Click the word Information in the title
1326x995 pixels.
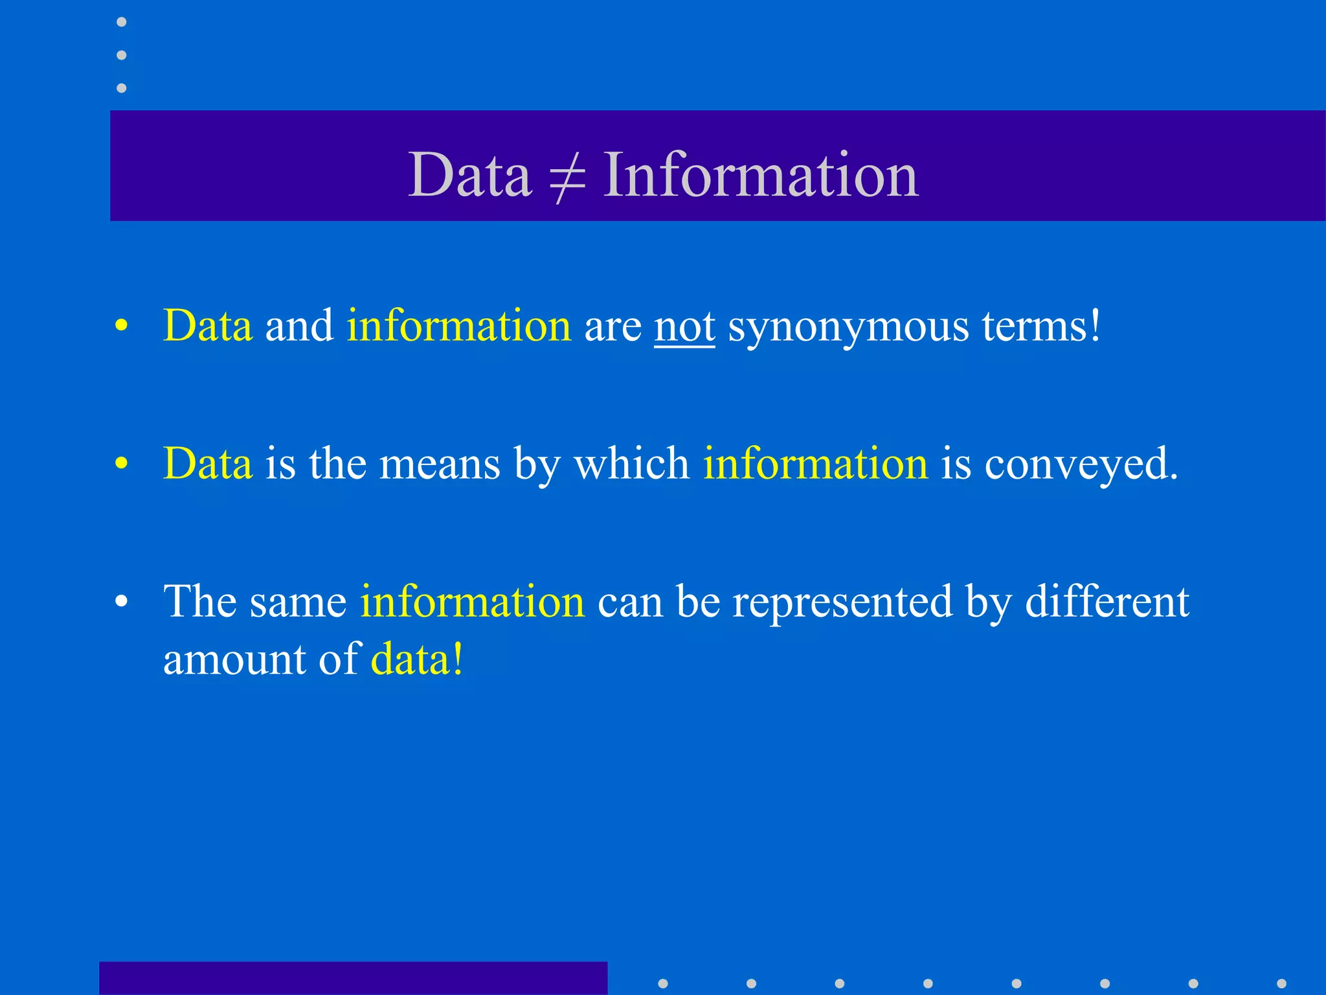pyautogui.click(x=761, y=175)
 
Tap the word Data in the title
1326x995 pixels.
pyautogui.click(x=469, y=175)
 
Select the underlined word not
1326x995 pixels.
pyautogui.click(x=684, y=326)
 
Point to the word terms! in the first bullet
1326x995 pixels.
pyautogui.click(x=1041, y=326)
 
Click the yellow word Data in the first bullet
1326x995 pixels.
pyautogui.click(x=207, y=325)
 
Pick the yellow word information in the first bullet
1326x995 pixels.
pyautogui.click(x=459, y=325)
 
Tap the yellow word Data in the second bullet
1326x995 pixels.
pyautogui.click(x=207, y=464)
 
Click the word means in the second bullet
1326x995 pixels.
pyautogui.click(x=440, y=464)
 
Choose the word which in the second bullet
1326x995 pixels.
pyautogui.click(x=632, y=464)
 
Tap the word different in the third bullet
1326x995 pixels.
pyautogui.click(x=1107, y=601)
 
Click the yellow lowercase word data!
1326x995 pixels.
pyautogui.click(x=417, y=659)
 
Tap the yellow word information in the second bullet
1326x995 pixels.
pyautogui.click(x=815, y=464)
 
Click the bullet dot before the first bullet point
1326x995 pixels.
pyautogui.click(x=121, y=326)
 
